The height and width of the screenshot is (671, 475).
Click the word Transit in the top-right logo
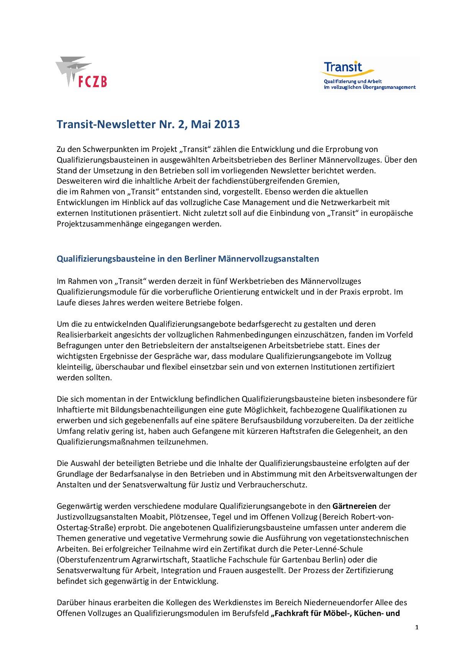point(343,67)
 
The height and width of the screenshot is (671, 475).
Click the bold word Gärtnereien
point(354,506)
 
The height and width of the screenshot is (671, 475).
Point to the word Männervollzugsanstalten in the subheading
point(268,259)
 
